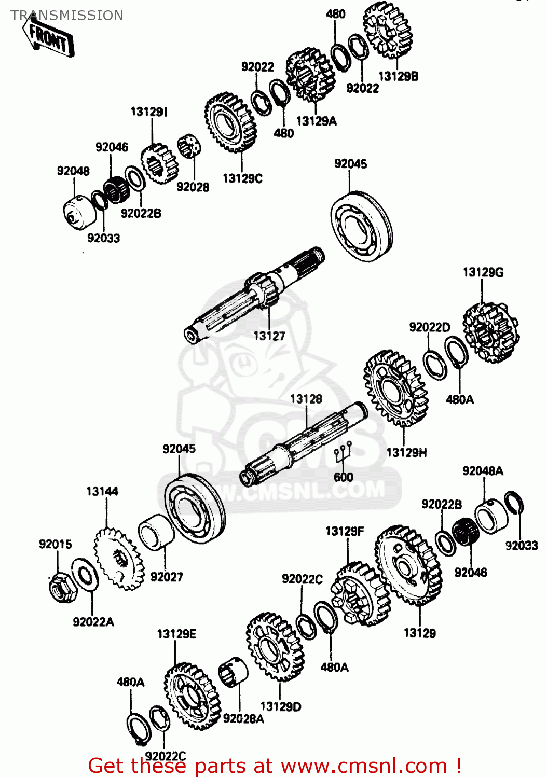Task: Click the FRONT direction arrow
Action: [x=48, y=38]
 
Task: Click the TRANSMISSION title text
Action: [x=67, y=16]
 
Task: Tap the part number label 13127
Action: [x=269, y=336]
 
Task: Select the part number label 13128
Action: [x=306, y=399]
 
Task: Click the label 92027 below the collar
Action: [x=167, y=577]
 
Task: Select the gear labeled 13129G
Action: [x=490, y=332]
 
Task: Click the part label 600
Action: [x=343, y=477]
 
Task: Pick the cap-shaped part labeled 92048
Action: [x=78, y=214]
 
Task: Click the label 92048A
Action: [x=483, y=471]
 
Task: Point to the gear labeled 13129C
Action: [x=230, y=122]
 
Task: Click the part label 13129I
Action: [x=149, y=112]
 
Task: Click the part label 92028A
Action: [x=243, y=718]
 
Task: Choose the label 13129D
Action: [x=280, y=706]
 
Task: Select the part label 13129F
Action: [x=345, y=531]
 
